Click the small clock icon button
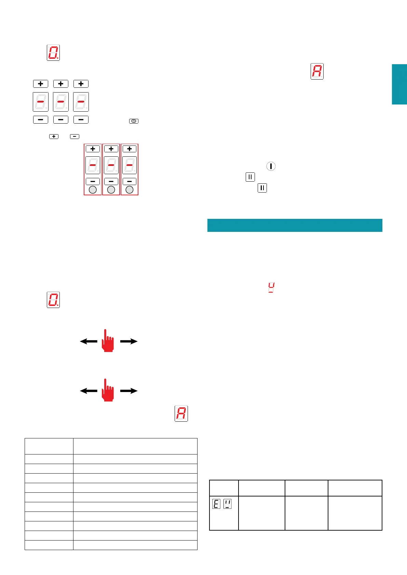134,121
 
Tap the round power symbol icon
271,166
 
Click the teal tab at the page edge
399,84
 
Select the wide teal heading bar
295,225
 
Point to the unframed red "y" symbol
271,287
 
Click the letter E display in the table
216,504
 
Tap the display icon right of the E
227,504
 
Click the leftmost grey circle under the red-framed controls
93,190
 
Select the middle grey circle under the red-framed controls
111,190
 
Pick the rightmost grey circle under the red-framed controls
130,190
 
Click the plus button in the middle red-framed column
111,149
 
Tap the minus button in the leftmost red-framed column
93,181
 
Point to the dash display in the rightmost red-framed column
130,165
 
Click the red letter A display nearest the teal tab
317,71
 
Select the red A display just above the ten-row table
181,413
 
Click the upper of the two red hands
108,341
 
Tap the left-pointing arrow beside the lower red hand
89,391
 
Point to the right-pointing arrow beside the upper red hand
129,341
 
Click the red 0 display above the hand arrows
53,300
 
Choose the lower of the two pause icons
262,188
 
